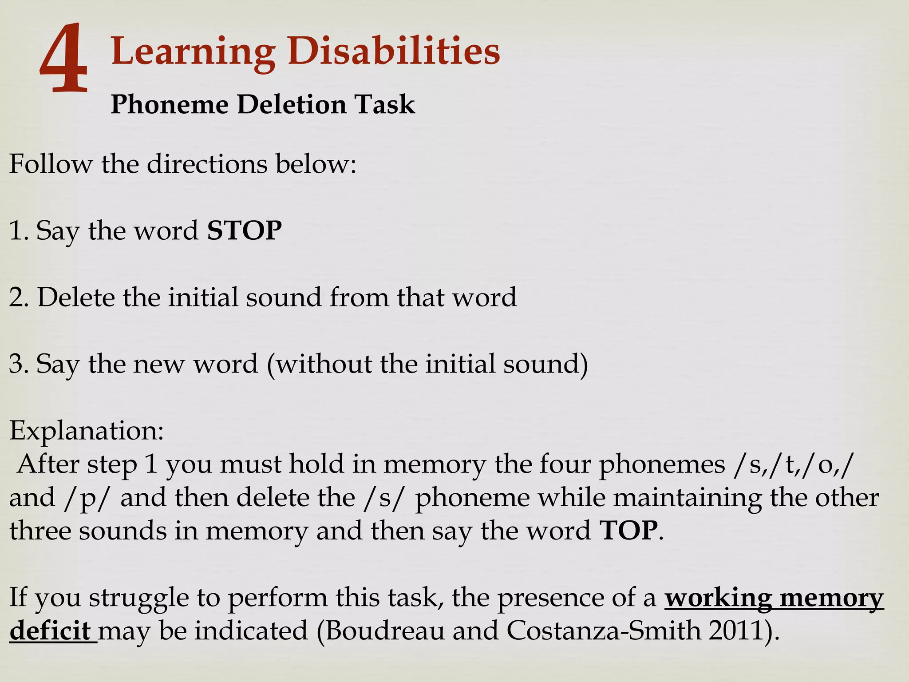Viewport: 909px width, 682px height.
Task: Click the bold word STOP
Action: tap(244, 230)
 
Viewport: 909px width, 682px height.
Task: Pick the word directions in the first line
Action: tap(207, 164)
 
